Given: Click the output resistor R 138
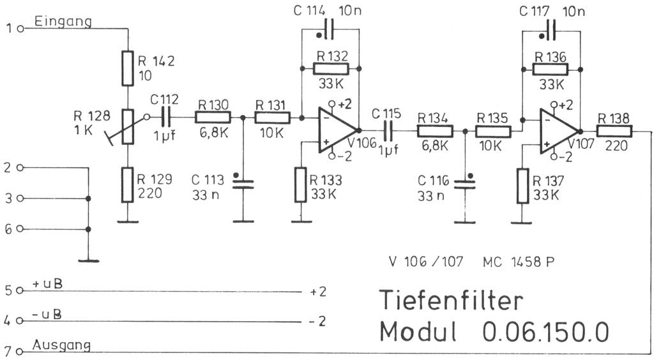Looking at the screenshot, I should (x=614, y=131).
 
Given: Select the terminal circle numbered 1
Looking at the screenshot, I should (x=20, y=29).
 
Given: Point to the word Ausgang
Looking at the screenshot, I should (x=61, y=345).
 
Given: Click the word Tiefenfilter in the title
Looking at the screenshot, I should (x=452, y=299).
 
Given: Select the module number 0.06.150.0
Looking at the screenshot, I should (x=545, y=332).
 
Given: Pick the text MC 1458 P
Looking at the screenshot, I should (x=519, y=261).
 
